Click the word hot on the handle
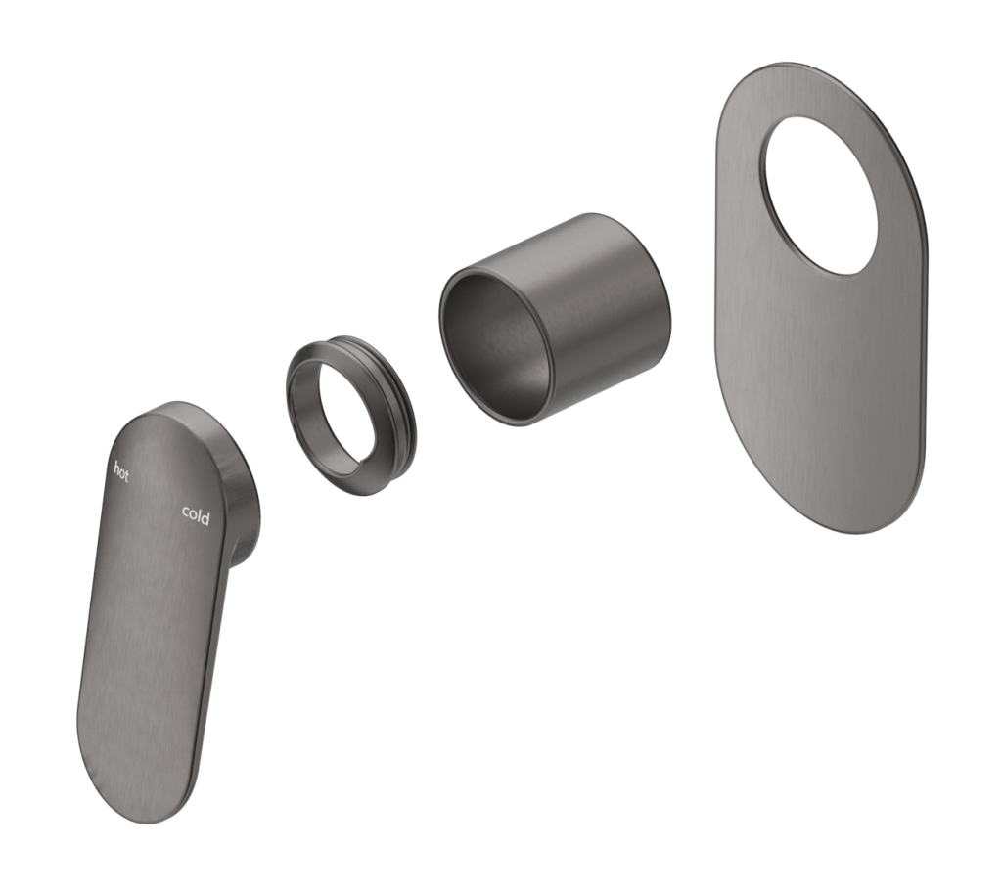click(x=121, y=471)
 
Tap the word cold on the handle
click(x=196, y=515)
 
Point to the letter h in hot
click(x=116, y=467)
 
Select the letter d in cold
click(x=205, y=518)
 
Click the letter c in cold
click(x=185, y=512)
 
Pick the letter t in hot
click(x=126, y=475)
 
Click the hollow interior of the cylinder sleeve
click(x=494, y=333)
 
